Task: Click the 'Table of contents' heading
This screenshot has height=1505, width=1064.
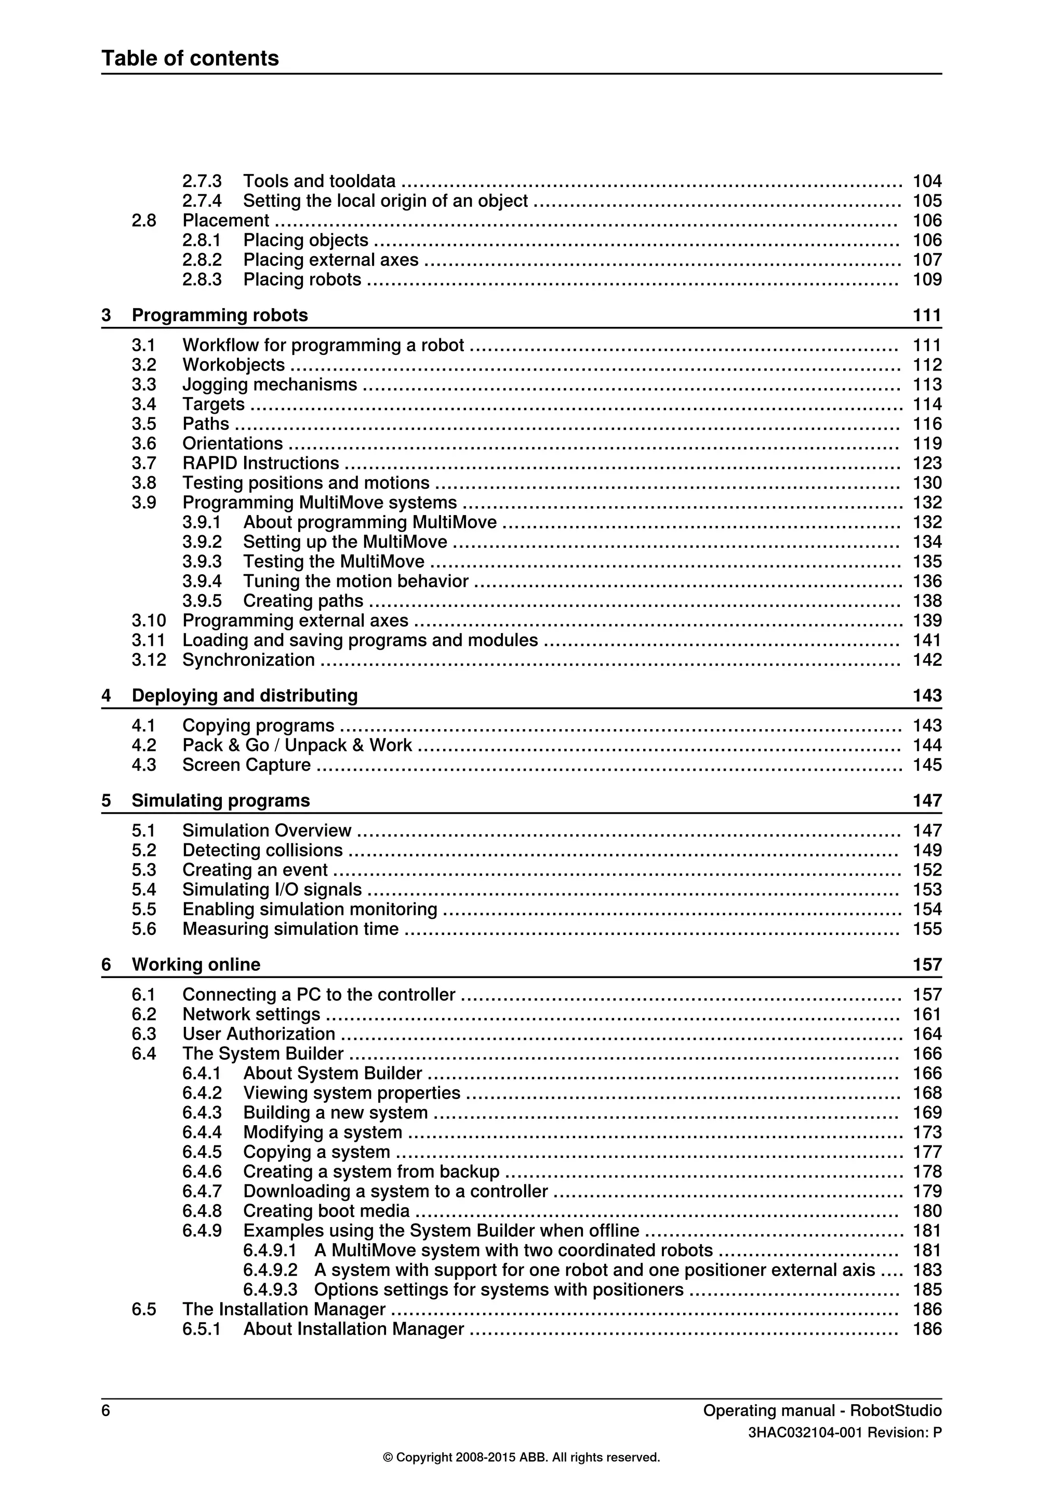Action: tap(190, 58)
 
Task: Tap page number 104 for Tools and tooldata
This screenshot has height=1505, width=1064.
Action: tap(926, 181)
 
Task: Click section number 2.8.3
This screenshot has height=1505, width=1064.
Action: tap(202, 280)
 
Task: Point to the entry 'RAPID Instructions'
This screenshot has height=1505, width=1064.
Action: tap(260, 464)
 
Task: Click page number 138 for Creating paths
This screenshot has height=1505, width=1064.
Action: tap(926, 601)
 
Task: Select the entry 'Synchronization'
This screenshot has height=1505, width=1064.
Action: tap(248, 660)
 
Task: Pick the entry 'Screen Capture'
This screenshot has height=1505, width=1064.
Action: tap(246, 765)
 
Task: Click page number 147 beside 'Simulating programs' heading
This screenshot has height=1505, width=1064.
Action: tap(926, 800)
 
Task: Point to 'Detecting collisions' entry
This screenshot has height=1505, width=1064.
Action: tap(262, 850)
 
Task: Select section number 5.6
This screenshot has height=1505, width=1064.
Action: tap(143, 929)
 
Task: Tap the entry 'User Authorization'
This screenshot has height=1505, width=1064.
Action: tap(258, 1034)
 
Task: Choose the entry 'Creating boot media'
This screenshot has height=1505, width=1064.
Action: tap(326, 1211)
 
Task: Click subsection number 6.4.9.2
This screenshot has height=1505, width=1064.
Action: tap(270, 1270)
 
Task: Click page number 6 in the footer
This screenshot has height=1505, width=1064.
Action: tap(105, 1410)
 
